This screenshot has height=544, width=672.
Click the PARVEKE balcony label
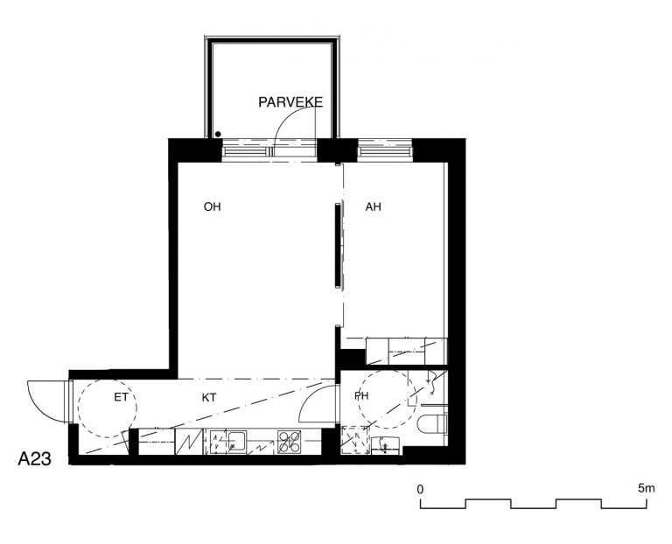coord(290,102)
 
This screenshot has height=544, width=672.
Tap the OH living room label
coord(212,207)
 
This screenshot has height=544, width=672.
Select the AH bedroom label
coord(373,207)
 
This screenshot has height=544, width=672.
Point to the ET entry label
coord(121,397)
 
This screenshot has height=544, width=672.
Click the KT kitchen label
coord(209,398)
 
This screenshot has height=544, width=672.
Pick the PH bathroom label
coord(361,396)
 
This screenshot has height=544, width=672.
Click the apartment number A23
coord(34,459)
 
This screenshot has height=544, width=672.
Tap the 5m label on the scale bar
coord(647,488)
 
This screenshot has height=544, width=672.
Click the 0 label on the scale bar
coord(420,489)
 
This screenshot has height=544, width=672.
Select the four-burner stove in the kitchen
coord(290,442)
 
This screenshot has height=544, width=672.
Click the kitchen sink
coord(237,442)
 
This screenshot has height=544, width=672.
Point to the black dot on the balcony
coord(218,134)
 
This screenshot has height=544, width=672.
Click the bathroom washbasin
coord(386,446)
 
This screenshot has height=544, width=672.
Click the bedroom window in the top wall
coord(384,150)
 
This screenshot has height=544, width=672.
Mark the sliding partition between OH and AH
coord(338,245)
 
